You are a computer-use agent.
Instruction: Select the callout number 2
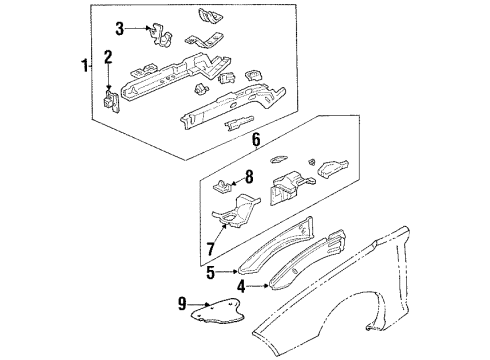click(x=109, y=57)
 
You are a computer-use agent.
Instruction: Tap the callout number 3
click(x=120, y=27)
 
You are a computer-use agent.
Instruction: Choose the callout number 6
click(x=255, y=142)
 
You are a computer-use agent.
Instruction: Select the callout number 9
click(x=181, y=304)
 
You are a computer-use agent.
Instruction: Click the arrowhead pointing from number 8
click(x=232, y=181)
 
